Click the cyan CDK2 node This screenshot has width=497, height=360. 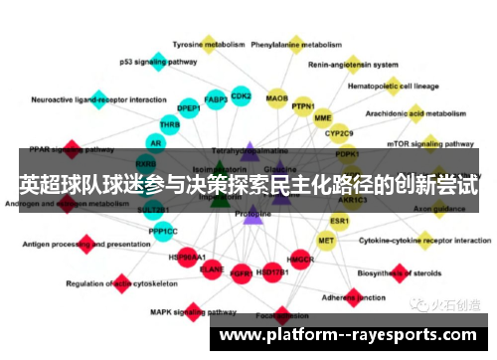click(241, 96)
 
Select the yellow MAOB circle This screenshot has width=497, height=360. click(277, 97)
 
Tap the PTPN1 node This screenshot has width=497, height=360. click(303, 107)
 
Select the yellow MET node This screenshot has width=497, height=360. click(326, 240)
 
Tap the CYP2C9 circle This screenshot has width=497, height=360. click(340, 132)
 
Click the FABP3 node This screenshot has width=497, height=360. click(215, 99)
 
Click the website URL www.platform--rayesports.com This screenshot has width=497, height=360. click(353, 335)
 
